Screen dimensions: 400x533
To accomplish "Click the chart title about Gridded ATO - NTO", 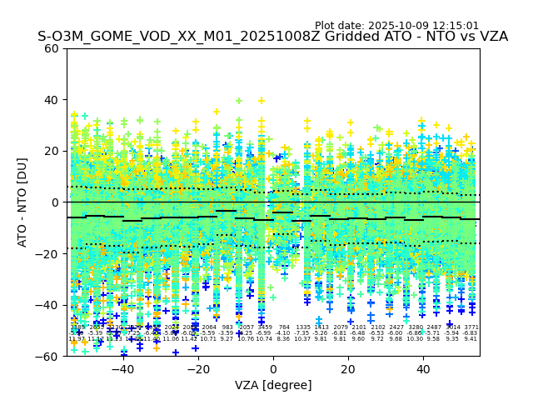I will click(x=272, y=37).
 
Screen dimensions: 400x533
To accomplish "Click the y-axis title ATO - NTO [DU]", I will click(x=23, y=202).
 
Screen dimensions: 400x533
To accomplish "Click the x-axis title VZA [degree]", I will click(x=273, y=385).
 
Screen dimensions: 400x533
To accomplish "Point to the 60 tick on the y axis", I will click(x=52, y=48).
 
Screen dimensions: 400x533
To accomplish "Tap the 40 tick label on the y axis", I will click(x=52, y=100).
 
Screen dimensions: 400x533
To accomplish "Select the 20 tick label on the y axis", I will click(x=52, y=151).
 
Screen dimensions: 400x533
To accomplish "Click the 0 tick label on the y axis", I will click(x=55, y=202).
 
